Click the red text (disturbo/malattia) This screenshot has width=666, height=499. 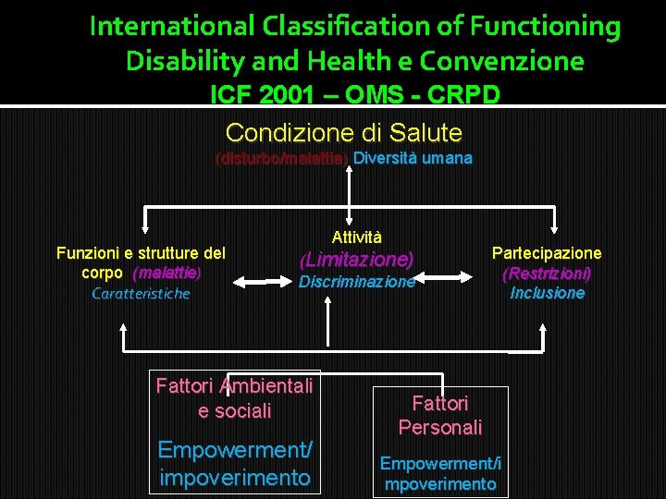point(281,158)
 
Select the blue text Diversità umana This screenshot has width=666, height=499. point(413,158)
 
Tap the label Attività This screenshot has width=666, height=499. point(356,237)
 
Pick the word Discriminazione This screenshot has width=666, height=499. point(356,282)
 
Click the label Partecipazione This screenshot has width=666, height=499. point(547,252)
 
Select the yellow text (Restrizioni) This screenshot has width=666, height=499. point(547,274)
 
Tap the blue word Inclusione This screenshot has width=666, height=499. point(547,293)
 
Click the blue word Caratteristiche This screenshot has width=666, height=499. point(141,294)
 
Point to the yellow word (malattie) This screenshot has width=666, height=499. point(166,274)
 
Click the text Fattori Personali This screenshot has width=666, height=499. point(440,415)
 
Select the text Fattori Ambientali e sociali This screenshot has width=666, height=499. point(234,397)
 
